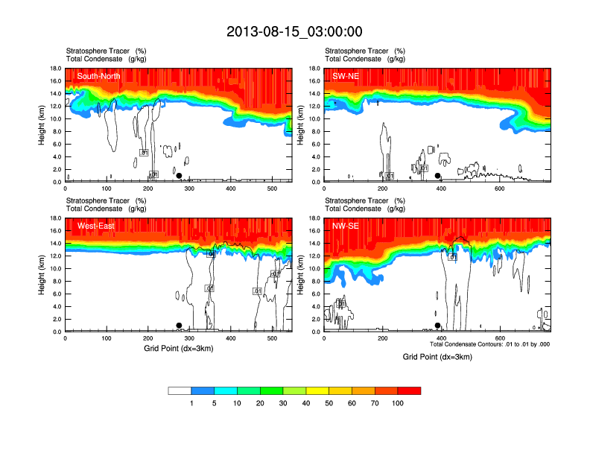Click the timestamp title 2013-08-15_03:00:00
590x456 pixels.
coord(294,31)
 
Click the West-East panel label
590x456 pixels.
coord(95,226)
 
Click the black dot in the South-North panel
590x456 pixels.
coord(179,176)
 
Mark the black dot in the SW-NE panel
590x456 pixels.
coord(438,176)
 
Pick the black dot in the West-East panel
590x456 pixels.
coord(179,326)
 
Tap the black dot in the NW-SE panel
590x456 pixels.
coord(438,326)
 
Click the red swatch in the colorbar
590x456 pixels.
coord(409,390)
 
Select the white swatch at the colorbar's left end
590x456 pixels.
coord(180,390)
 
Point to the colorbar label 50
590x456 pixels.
coord(329,403)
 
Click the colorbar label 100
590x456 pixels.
coord(398,403)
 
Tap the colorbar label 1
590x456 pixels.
coord(191,403)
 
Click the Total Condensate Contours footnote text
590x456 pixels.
coord(490,344)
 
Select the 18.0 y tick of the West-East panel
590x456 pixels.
coord(55,218)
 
